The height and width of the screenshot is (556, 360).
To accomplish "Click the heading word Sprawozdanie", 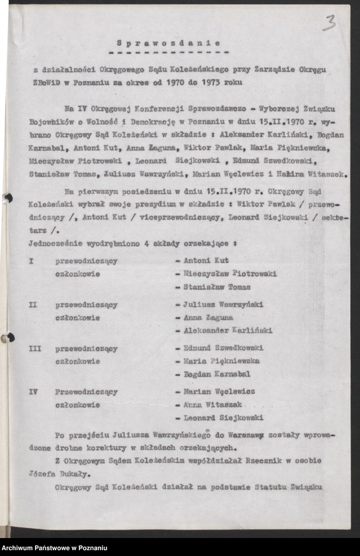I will coord(168,42).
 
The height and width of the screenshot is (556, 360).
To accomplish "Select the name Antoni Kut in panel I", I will coord(206,261).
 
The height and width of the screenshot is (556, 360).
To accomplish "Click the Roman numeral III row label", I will coord(35,348).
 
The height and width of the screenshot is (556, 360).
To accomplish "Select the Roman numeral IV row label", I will coord(34,391).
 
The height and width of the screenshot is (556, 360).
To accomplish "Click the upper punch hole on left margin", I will coord(8,197).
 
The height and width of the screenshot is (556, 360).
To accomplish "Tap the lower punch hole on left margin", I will coord(8,338).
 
